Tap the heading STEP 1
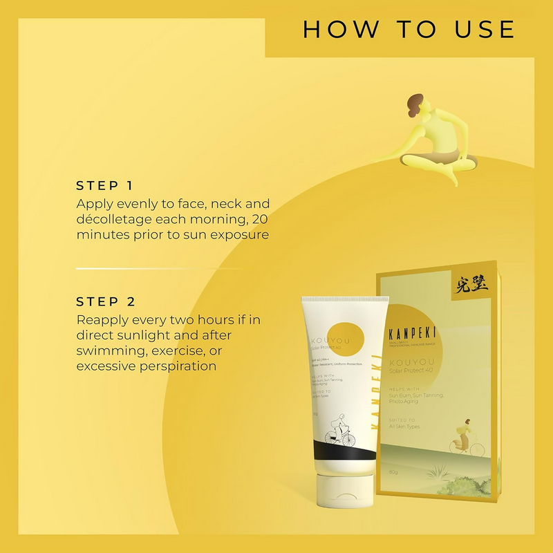[104, 185]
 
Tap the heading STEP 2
[106, 301]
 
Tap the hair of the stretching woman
[415, 104]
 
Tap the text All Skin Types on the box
[404, 427]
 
